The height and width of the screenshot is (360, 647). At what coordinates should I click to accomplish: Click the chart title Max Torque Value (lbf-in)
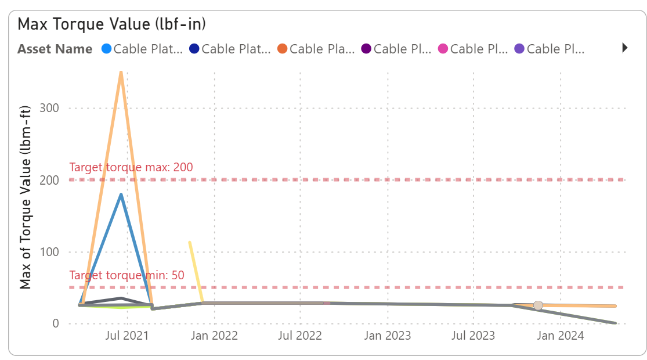[112, 24]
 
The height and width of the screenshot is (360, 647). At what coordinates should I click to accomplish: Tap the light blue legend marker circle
[106, 49]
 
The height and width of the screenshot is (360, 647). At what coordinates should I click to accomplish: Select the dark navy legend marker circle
[194, 49]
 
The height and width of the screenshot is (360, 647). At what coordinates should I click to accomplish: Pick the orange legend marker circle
[283, 49]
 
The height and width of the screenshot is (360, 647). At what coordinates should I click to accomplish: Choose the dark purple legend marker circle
[366, 49]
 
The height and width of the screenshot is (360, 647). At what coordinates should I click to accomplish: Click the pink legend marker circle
[443, 49]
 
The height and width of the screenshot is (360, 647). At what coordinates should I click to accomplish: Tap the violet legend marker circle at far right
[519, 49]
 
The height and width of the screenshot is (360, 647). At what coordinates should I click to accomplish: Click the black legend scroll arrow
[625, 48]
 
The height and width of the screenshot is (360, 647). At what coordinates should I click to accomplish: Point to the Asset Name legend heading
[55, 49]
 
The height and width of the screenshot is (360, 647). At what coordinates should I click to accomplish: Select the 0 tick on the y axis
[56, 323]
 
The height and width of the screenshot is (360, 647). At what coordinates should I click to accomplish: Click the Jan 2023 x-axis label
[388, 336]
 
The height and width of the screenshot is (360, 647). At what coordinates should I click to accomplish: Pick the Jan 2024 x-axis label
[560, 336]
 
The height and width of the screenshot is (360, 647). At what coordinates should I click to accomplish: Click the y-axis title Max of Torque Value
[26, 197]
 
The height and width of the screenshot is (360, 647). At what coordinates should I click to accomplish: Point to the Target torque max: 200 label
[131, 167]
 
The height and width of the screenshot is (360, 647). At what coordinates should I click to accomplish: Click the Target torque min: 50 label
[126, 275]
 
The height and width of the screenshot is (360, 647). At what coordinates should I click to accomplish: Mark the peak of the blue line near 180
[121, 195]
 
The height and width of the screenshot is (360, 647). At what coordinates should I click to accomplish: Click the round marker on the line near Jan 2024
[538, 305]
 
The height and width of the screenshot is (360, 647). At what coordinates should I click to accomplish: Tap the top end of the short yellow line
[189, 242]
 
